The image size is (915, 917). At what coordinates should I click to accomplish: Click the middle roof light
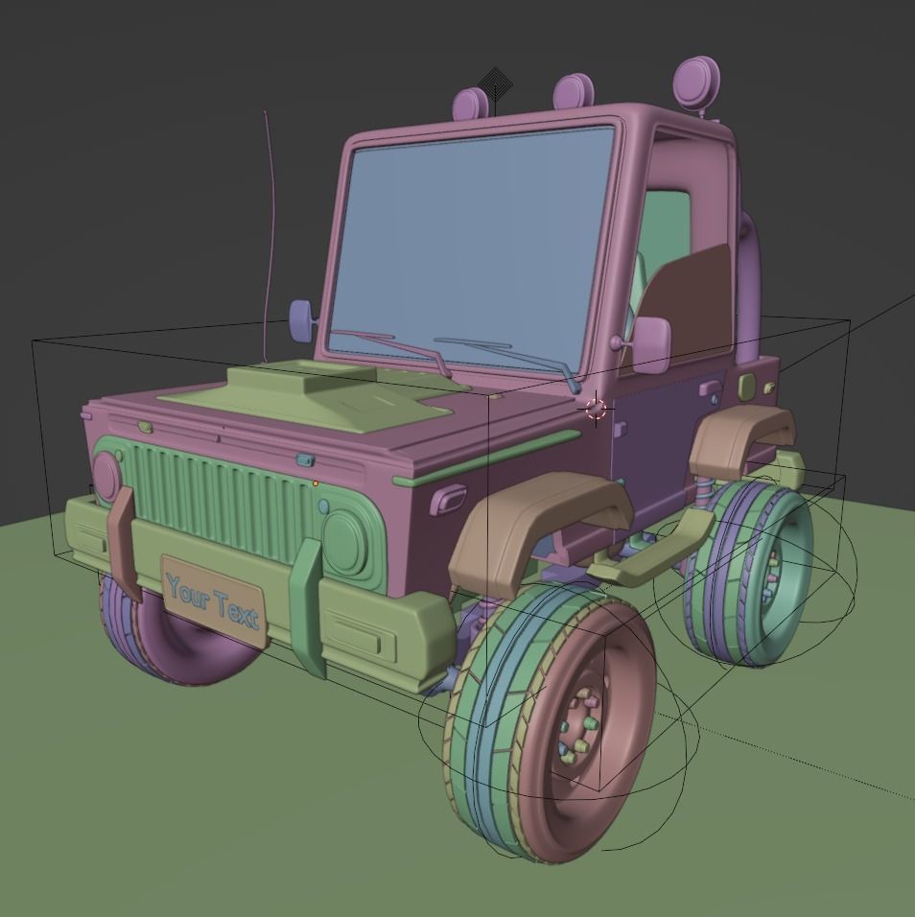[x=574, y=91]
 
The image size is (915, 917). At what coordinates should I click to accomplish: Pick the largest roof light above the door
[x=695, y=82]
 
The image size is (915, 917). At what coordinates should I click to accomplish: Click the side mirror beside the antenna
[x=301, y=320]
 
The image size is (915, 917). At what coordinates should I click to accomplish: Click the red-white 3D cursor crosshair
[x=596, y=410]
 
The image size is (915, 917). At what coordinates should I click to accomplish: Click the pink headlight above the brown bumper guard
[x=106, y=476]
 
